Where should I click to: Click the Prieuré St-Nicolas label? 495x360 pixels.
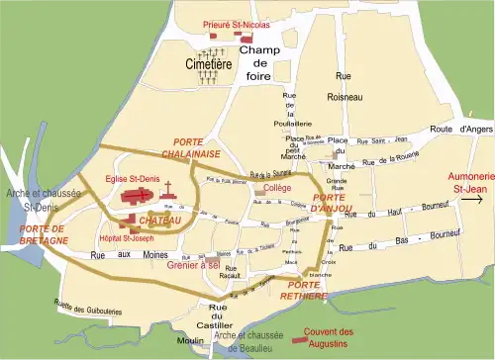[229, 21]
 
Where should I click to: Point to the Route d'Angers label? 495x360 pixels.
[461, 130]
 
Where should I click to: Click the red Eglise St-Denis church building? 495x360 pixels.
[140, 197]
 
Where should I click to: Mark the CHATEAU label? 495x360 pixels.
[161, 220]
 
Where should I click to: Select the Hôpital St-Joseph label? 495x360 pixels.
[127, 238]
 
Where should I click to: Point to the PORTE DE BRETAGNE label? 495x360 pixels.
[43, 233]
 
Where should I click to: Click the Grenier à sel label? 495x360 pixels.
[193, 265]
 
